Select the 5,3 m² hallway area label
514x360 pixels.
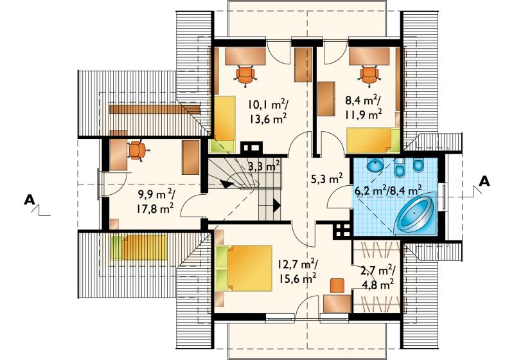[x=326, y=179]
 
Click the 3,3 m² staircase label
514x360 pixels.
[x=263, y=166]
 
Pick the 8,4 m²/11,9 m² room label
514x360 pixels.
[x=363, y=108]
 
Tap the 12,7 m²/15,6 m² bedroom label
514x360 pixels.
[x=297, y=271]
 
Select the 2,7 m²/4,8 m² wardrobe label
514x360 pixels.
[x=378, y=277]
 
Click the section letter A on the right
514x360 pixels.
[x=484, y=181]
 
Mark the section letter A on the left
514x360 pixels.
[x=30, y=200]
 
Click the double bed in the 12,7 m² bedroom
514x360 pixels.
[x=244, y=268]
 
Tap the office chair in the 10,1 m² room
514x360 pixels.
[x=245, y=75]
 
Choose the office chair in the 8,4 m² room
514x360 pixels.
[x=369, y=75]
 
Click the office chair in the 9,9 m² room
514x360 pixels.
[x=137, y=150]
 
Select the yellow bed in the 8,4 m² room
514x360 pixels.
[x=373, y=141]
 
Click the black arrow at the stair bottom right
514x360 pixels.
[x=277, y=206]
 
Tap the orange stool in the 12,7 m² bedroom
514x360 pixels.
[x=337, y=285]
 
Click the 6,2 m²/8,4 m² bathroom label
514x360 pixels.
[x=389, y=190]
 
